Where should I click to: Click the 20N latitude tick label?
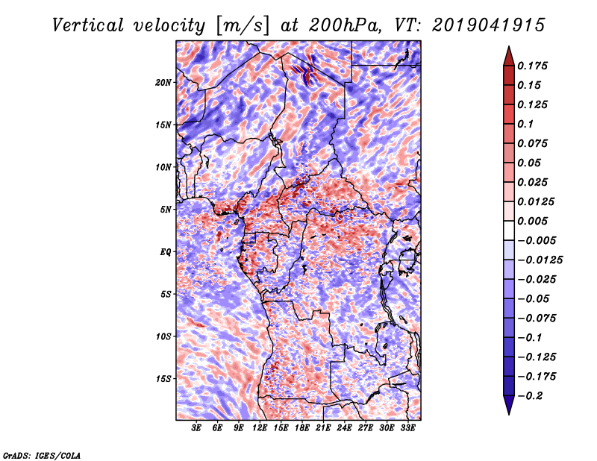click(x=163, y=82)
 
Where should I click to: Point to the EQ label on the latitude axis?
click(x=165, y=252)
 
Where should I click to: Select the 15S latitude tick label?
click(x=163, y=379)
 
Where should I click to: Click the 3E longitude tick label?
click(x=197, y=428)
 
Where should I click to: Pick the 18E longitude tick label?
click(x=302, y=428)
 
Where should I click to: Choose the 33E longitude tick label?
click(x=407, y=428)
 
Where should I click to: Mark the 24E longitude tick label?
click(x=345, y=428)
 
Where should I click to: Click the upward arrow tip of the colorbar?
click(x=507, y=48)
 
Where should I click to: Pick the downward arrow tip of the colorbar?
click(x=507, y=412)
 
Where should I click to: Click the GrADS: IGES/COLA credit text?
click(x=41, y=454)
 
